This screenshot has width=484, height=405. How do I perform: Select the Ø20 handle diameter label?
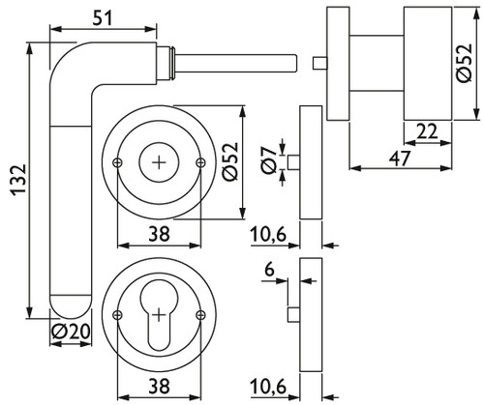(71, 332)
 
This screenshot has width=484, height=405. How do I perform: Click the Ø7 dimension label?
(268, 160)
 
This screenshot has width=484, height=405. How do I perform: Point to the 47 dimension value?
(400, 159)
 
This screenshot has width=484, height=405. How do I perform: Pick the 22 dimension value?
(427, 131)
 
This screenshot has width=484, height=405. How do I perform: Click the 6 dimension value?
(269, 270)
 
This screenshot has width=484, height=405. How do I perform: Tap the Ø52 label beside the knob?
(464, 62)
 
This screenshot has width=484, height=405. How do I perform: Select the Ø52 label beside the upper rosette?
(230, 161)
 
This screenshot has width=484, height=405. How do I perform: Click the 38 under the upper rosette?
(159, 234)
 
